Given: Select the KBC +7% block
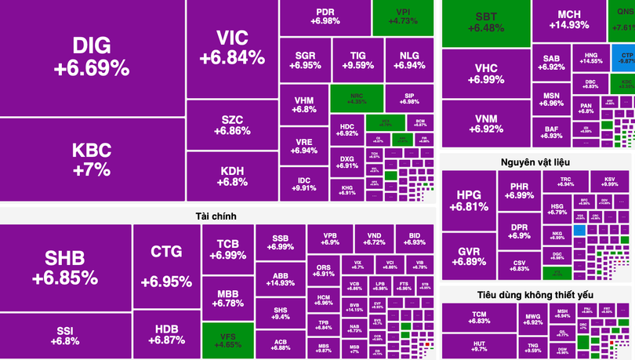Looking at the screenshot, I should (92, 159).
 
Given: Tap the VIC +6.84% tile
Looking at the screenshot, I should (231, 49).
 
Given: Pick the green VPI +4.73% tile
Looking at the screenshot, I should (403, 17).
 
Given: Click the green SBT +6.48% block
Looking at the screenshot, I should (486, 22).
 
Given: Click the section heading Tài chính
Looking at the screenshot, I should (216, 216).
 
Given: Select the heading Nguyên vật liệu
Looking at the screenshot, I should (535, 162).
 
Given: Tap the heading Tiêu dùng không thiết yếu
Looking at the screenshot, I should (535, 294).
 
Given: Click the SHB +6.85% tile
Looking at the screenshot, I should (65, 267).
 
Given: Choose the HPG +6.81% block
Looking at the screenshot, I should (469, 200).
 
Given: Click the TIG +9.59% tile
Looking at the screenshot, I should (357, 60).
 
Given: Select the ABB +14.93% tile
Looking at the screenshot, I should (280, 279).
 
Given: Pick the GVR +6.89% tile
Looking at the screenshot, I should (469, 255).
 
